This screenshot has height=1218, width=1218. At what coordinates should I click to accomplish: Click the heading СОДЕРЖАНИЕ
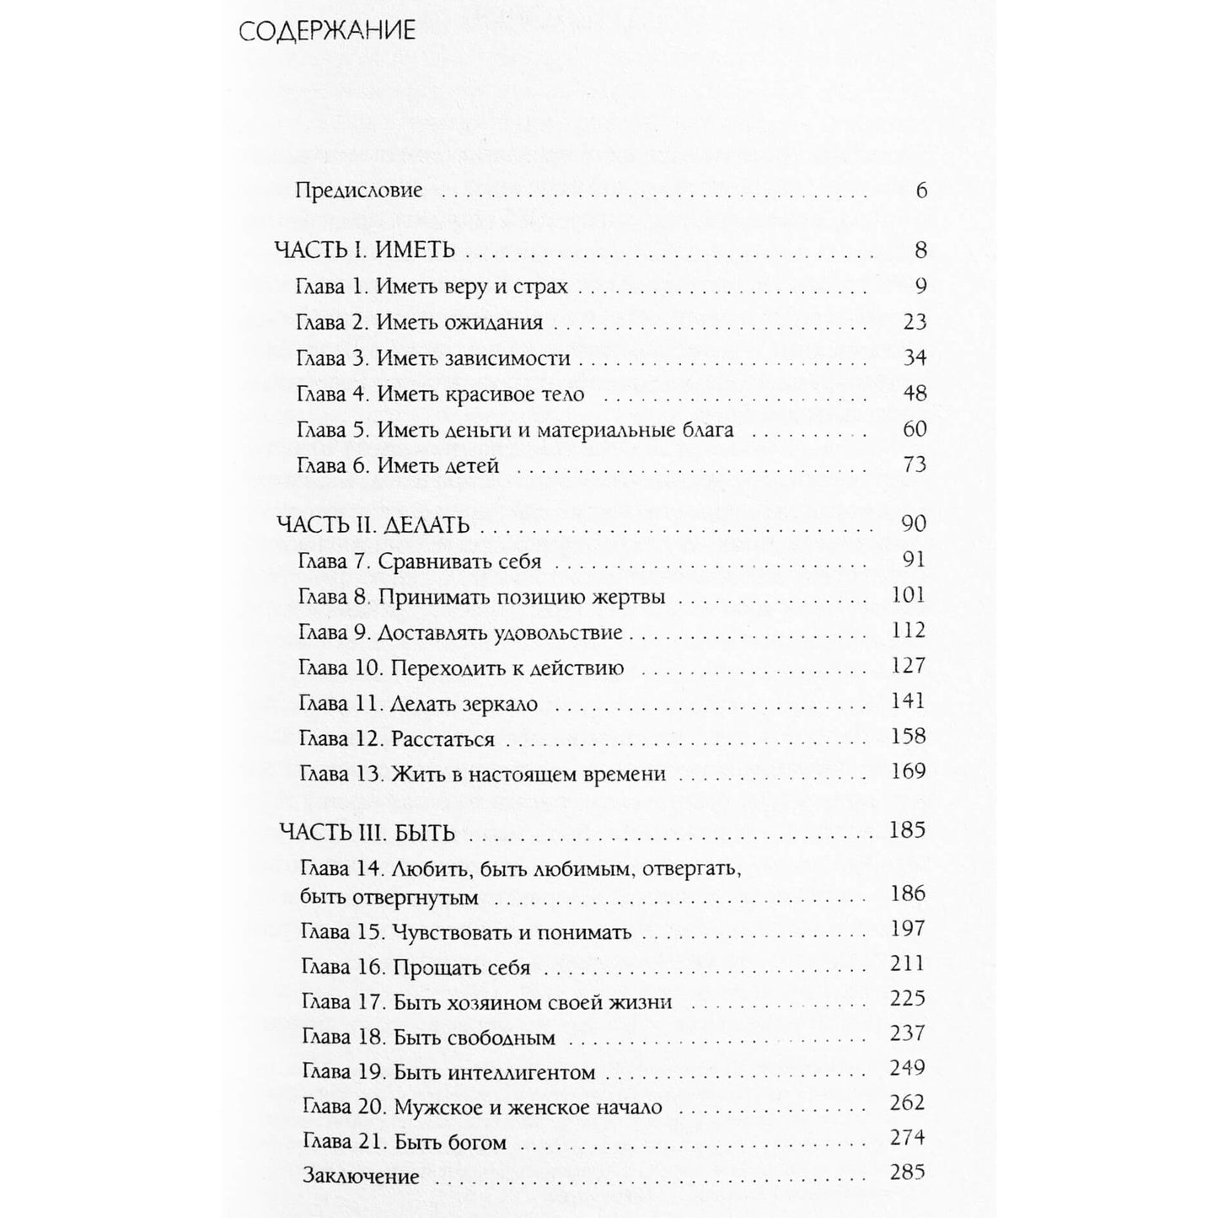327,32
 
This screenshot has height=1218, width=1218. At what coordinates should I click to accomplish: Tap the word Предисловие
358,190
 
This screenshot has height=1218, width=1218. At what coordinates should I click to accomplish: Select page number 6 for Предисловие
920,190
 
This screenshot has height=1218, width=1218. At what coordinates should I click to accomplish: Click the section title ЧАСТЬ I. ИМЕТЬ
365,250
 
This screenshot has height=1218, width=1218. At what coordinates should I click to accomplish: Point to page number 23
914,322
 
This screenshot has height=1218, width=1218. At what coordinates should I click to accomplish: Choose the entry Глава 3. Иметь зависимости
433,358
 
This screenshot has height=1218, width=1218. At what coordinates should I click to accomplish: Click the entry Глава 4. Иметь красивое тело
440,394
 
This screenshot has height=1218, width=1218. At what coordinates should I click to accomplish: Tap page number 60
914,429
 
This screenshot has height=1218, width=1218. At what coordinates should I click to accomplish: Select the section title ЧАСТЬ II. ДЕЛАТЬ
373,525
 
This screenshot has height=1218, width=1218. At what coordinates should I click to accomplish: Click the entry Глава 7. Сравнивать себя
419,561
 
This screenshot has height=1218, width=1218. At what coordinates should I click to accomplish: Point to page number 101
908,595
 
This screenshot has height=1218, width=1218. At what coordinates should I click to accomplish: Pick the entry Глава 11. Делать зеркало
418,703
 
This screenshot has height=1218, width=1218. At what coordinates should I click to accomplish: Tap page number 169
908,771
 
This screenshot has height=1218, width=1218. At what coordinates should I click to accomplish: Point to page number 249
907,1068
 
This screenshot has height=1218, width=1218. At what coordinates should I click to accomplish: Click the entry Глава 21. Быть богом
404,1143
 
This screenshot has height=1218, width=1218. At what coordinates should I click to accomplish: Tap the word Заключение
361,1177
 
